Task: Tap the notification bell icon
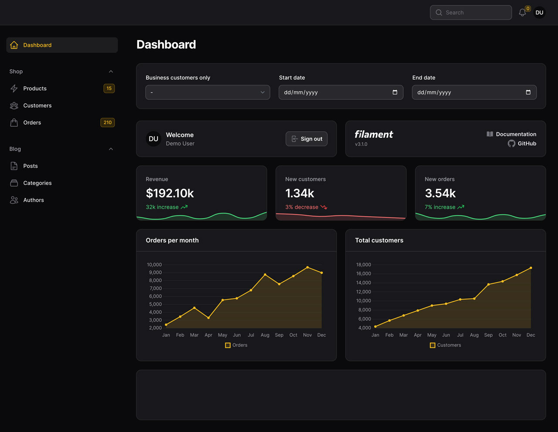click(x=522, y=13)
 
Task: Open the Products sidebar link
click(x=35, y=88)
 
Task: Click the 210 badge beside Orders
click(x=108, y=122)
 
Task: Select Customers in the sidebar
click(x=37, y=105)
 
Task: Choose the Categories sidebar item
click(x=37, y=183)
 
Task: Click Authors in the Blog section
click(x=34, y=200)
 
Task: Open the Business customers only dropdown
click(x=208, y=92)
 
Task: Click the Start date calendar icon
click(x=395, y=92)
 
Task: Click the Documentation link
click(x=516, y=134)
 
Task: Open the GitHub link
click(x=527, y=143)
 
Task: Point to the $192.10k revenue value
click(x=170, y=193)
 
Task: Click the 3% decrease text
click(x=302, y=207)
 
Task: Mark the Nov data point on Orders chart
click(x=307, y=267)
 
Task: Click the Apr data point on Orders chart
click(x=208, y=318)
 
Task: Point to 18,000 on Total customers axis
click(x=364, y=265)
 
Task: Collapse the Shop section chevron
click(x=111, y=71)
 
